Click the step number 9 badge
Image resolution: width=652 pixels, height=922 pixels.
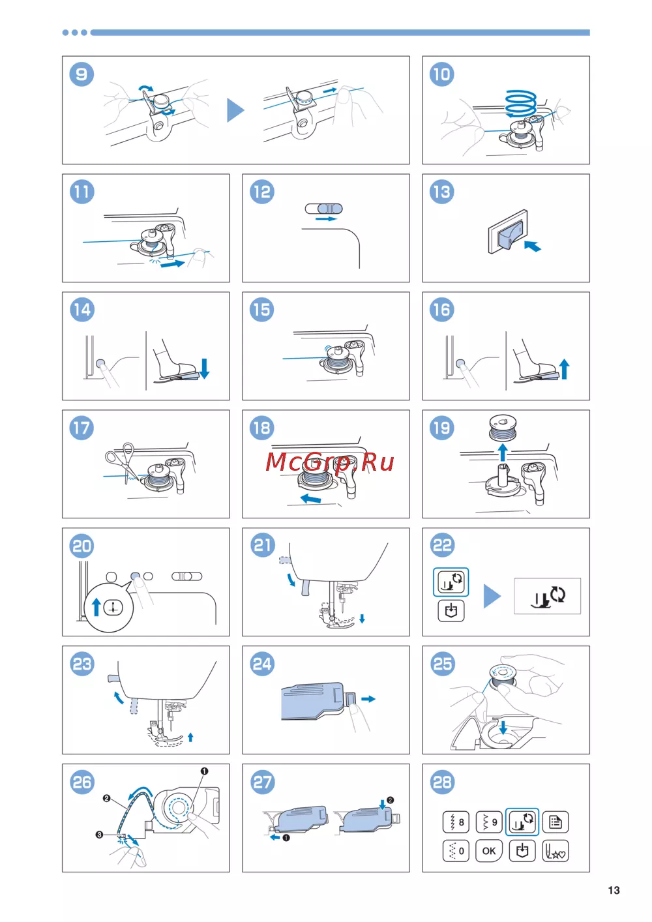[x=81, y=74]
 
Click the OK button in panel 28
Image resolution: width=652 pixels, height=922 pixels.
[x=488, y=851]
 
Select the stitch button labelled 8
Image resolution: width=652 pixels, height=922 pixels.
[x=456, y=822]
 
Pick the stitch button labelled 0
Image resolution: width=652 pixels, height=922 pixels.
[x=456, y=851]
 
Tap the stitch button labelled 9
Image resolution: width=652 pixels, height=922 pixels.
[x=488, y=822]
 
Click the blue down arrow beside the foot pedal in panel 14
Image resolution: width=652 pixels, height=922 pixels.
[x=204, y=368]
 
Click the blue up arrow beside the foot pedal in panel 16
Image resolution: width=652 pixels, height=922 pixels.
[x=565, y=369]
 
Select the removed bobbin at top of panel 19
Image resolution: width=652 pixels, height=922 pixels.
[x=503, y=427]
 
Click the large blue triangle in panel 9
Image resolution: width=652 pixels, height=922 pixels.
[x=235, y=110]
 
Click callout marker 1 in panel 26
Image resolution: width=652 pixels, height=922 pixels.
[x=204, y=771]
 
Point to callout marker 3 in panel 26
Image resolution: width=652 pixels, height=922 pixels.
[x=99, y=835]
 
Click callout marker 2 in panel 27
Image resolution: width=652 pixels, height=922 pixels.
[x=390, y=800]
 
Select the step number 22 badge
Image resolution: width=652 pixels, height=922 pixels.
[x=442, y=545]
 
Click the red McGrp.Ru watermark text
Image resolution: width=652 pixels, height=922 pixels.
[x=330, y=462]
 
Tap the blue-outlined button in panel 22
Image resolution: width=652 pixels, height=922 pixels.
[x=451, y=582]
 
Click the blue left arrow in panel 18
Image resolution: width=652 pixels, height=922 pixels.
[x=311, y=499]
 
